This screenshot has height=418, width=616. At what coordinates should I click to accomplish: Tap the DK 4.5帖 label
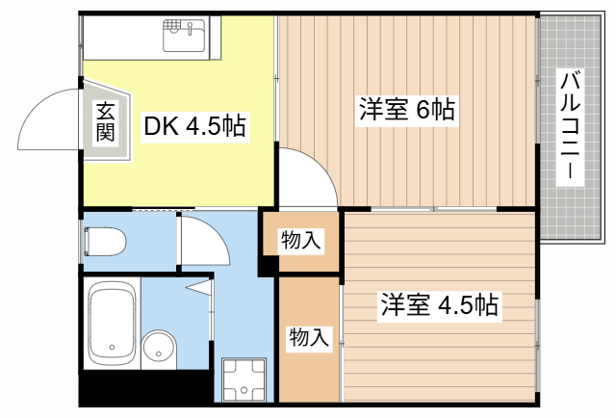coord(194,124)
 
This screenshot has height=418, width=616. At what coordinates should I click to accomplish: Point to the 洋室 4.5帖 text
coord(438,306)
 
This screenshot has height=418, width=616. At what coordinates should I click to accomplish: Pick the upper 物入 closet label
coord(300,242)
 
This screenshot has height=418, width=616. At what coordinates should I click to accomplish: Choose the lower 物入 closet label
coord(310,337)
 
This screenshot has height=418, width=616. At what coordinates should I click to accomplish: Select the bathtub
coord(111,323)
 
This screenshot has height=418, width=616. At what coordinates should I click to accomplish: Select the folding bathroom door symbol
coord(202,286)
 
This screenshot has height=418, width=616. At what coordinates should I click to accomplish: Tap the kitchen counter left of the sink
coord(121,39)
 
